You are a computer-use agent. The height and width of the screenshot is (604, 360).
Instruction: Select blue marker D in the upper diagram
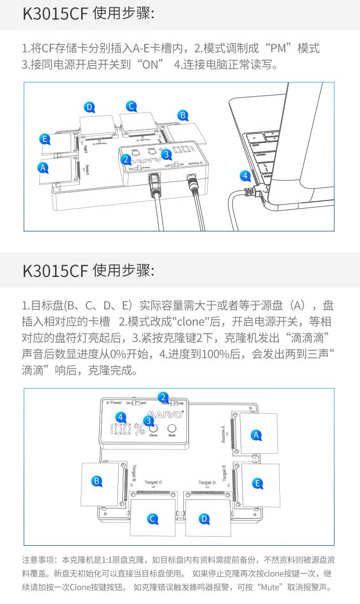click(x=90, y=107)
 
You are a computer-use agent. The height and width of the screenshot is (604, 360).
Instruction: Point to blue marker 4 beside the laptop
click(x=245, y=175)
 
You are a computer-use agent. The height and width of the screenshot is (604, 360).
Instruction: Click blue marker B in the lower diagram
click(x=96, y=481)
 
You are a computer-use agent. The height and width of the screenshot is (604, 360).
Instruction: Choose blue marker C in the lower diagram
click(x=153, y=518)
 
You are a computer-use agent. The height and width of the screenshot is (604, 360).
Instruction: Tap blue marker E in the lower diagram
click(x=257, y=483)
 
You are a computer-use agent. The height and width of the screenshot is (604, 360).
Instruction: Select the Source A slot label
click(x=223, y=434)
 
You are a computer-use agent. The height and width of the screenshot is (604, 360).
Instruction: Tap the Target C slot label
click(x=153, y=482)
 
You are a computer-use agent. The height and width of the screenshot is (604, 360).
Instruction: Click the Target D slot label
click(x=207, y=482)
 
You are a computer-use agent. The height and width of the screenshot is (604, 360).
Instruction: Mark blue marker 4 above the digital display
click(x=120, y=416)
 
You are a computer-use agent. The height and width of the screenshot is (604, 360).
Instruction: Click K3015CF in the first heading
click(x=55, y=14)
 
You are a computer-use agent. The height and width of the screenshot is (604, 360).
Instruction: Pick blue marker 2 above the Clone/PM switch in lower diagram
click(x=163, y=397)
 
